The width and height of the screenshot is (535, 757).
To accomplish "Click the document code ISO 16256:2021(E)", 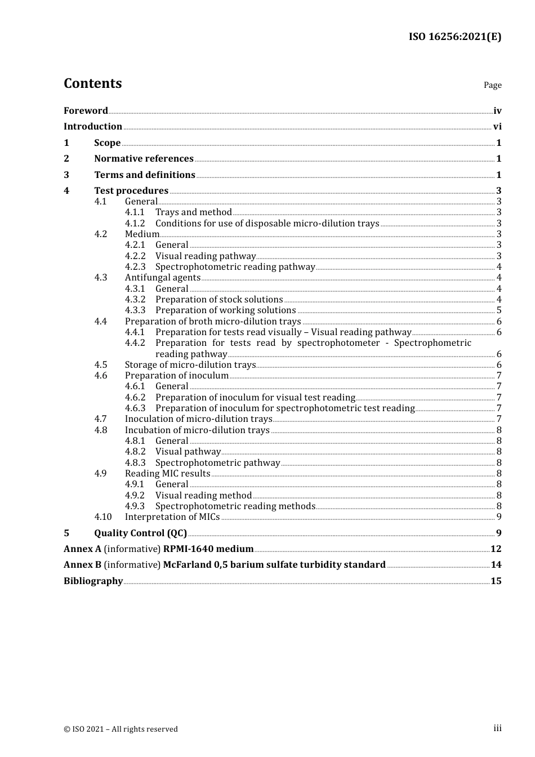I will [454, 37].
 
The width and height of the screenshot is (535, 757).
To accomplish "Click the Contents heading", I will [92, 83].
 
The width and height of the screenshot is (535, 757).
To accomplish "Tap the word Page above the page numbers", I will [492, 85].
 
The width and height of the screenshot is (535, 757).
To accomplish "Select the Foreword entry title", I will [86, 111].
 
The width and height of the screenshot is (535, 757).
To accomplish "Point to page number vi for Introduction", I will [497, 127].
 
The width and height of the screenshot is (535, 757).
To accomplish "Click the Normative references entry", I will [144, 159].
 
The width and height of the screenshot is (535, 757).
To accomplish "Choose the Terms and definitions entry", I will [145, 175].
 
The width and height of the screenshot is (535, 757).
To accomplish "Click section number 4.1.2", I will [135, 224].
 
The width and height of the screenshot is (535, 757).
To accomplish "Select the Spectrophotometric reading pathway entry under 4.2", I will [235, 267].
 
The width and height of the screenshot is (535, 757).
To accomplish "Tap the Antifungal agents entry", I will [162, 278].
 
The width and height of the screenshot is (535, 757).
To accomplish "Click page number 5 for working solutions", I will [499, 310].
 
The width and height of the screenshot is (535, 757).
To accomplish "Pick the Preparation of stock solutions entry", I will [219, 300].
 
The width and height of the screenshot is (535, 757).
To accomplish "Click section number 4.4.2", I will [135, 343].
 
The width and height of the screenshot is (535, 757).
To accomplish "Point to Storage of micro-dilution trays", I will [190, 365].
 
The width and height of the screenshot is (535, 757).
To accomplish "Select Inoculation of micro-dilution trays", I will [198, 419].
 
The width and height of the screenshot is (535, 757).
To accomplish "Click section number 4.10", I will [103, 517].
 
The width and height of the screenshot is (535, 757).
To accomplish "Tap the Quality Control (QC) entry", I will [140, 533].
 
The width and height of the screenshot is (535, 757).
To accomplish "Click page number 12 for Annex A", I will [496, 549].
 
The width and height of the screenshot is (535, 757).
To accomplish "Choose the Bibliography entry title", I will [93, 581].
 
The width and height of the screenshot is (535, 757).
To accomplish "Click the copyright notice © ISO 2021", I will [121, 729].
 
